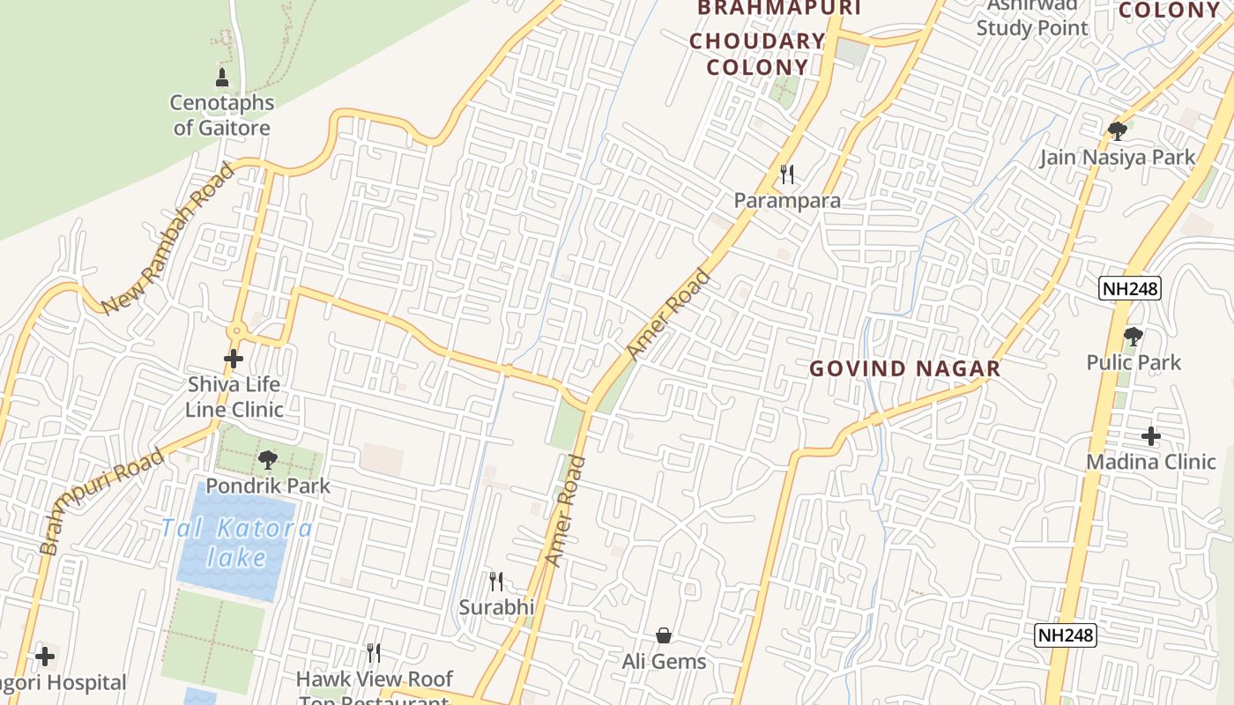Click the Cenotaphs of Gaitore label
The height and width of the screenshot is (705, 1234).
pyautogui.click(x=222, y=115)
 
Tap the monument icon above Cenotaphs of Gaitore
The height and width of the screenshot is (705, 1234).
pyautogui.click(x=222, y=77)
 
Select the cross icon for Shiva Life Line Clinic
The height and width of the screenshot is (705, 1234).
pyautogui.click(x=234, y=359)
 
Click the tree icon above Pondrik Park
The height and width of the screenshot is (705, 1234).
pyautogui.click(x=268, y=459)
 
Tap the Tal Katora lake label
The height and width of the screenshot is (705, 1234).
pyautogui.click(x=236, y=543)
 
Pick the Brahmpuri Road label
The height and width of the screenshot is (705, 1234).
pyautogui.click(x=101, y=500)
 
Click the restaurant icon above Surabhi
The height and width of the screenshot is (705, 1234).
pyautogui.click(x=496, y=582)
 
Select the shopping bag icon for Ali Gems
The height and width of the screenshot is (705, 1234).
pyautogui.click(x=664, y=635)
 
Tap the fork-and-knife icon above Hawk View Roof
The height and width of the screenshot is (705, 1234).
pyautogui.click(x=374, y=653)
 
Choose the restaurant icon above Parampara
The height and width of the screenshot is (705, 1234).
pyautogui.click(x=787, y=174)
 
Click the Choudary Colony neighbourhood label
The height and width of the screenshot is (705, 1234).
pyautogui.click(x=757, y=54)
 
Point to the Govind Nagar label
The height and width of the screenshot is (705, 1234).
pyautogui.click(x=905, y=368)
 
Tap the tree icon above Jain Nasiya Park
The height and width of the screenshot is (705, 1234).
pyautogui.click(x=1117, y=131)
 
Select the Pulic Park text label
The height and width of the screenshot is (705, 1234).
pyautogui.click(x=1134, y=362)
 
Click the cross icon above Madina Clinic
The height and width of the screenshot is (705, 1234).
pyautogui.click(x=1150, y=435)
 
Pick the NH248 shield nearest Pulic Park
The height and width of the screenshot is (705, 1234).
pyautogui.click(x=1130, y=288)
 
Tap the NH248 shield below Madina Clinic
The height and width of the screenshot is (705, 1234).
pyautogui.click(x=1066, y=634)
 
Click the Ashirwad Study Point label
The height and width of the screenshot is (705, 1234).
pyautogui.click(x=1031, y=18)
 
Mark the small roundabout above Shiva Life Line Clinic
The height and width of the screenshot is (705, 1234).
pyautogui.click(x=234, y=331)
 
